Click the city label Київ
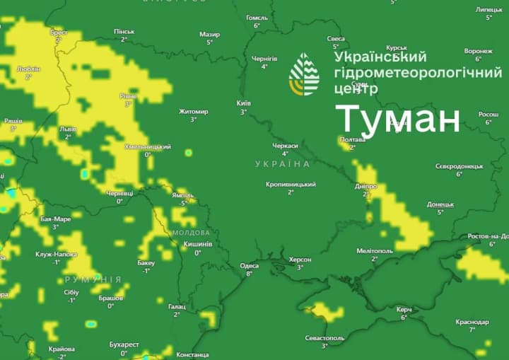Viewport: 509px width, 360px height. coord(243,103)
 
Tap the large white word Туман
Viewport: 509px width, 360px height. coord(397,119)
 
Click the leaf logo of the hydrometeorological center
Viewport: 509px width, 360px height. coord(304,74)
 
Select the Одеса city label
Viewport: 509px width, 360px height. coord(249,266)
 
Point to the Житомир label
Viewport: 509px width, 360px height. coord(193,111)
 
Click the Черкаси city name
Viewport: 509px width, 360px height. coord(286,145)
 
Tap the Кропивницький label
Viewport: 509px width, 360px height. coord(291,184)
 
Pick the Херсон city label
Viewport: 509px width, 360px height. coord(300,260)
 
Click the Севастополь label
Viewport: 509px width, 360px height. coord(324,338)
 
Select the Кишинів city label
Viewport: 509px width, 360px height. coord(197,244)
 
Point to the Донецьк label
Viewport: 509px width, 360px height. coord(440,204)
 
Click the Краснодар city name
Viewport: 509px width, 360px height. coord(472,322)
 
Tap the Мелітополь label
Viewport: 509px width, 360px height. coord(375,250)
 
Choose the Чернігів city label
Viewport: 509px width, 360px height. coord(264,59)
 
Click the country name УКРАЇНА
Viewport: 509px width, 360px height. coord(283,164)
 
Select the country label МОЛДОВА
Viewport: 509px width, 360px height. coord(191,232)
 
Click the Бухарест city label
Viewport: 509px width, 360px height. coord(124,344)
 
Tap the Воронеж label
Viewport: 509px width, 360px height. coord(478,51)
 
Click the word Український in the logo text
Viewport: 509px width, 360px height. coord(380,56)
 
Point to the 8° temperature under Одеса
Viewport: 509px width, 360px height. coord(249,274)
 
